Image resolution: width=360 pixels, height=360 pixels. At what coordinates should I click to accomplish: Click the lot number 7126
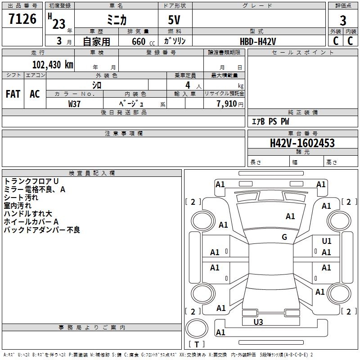pos(22,19)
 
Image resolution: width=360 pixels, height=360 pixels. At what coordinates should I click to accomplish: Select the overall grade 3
pos(343,21)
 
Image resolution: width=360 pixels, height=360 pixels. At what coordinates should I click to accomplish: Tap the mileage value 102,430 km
pos(53,65)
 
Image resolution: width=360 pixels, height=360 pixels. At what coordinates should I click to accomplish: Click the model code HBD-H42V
pos(257,41)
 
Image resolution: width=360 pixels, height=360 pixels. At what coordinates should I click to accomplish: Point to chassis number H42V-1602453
pos(302,143)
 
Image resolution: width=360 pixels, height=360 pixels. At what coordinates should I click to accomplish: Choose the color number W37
pos(74,104)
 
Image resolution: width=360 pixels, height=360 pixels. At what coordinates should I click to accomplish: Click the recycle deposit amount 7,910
pos(227,104)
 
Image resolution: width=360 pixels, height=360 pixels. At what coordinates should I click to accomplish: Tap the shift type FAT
pos(13,94)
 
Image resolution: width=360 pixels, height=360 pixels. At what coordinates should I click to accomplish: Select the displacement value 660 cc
pos(143,42)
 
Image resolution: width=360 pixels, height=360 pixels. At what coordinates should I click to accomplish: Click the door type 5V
pos(174,20)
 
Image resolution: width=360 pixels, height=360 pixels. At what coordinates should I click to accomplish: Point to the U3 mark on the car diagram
pos(258,322)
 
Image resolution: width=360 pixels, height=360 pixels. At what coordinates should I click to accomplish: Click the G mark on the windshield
pos(284,237)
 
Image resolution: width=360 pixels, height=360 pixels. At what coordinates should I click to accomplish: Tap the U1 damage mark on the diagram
pos(327,241)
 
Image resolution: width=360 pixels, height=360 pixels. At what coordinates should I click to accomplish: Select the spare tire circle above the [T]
pos(197,328)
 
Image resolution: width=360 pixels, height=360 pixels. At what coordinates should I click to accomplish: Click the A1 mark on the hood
pos(290,216)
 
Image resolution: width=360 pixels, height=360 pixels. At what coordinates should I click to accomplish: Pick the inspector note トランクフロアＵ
pos(31,181)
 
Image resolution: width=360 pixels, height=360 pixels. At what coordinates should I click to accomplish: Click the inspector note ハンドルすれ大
pos(28,213)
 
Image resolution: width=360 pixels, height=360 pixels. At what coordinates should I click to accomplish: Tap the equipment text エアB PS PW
pos(270,121)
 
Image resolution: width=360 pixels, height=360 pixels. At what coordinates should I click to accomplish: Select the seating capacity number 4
pos(188,85)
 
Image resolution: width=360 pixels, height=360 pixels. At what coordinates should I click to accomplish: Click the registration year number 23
pos(59,24)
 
